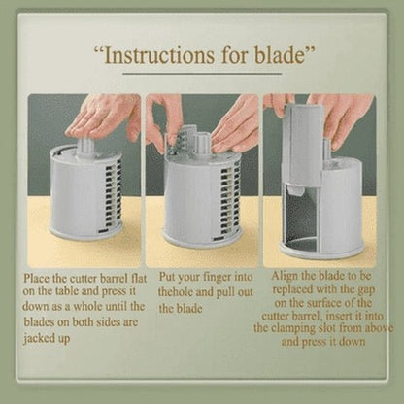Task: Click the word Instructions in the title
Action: tap(159, 55)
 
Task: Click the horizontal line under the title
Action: tap(202, 74)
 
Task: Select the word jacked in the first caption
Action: tap(38, 339)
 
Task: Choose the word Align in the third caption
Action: tap(285, 276)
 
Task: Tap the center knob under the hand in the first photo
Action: tap(86, 150)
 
